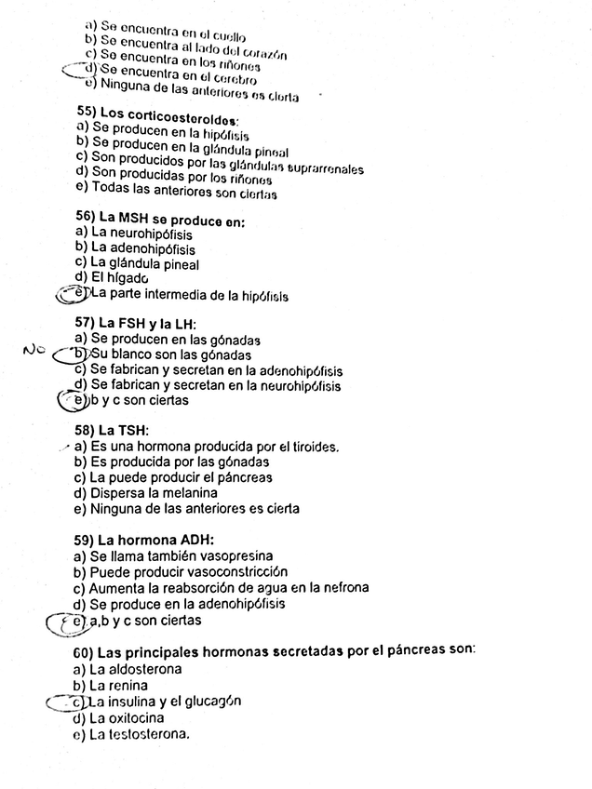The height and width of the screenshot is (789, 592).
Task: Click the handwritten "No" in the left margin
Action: click(x=34, y=351)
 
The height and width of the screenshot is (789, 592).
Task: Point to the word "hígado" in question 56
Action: click(x=128, y=278)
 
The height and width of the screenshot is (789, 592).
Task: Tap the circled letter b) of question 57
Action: click(x=80, y=355)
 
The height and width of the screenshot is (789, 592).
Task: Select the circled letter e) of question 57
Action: click(x=79, y=401)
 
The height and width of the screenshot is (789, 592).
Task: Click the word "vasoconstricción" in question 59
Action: click(x=234, y=571)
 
